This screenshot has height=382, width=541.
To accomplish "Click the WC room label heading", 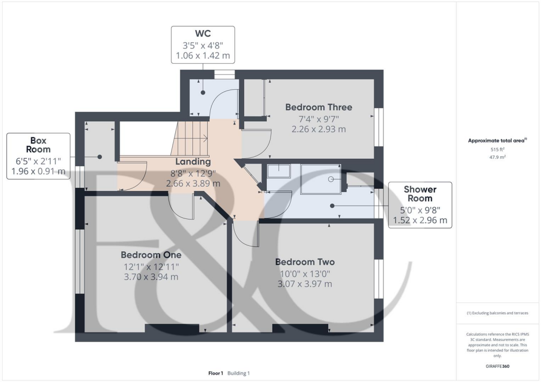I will (203, 33).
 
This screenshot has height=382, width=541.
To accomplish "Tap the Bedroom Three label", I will (318, 107).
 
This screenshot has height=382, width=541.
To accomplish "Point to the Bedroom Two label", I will (305, 262).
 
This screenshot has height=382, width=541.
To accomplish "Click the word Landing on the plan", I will (193, 162).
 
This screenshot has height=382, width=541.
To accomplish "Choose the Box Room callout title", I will (38, 145).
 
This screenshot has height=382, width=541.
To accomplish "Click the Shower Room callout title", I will (420, 194).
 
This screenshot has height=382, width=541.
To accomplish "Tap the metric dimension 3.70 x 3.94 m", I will (150, 277).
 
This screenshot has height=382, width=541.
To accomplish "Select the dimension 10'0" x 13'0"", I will (305, 273).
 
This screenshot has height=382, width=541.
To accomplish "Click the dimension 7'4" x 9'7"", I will (318, 119).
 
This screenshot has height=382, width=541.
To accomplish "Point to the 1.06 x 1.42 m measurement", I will (203, 55).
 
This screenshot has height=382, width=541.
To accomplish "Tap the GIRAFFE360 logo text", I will (498, 366).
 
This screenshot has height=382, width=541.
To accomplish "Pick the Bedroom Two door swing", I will (245, 234).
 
